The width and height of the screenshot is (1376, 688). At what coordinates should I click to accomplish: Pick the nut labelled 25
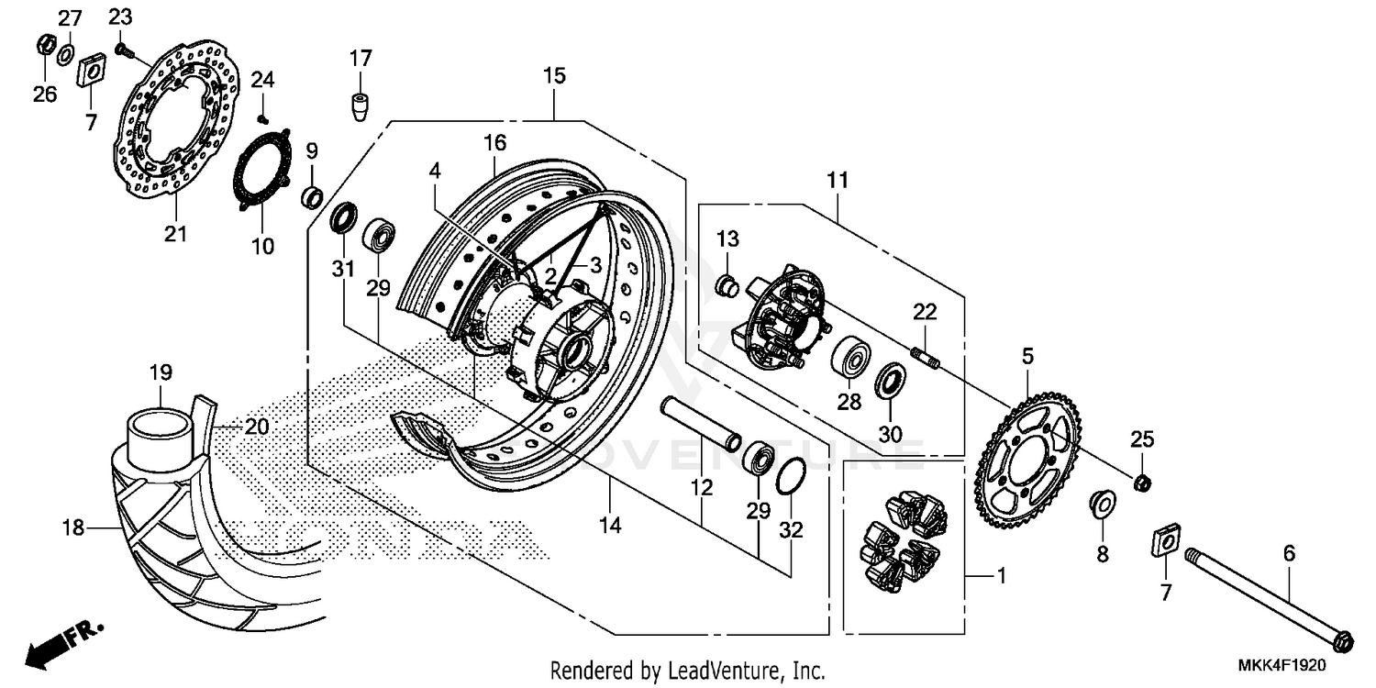tap(1143, 483)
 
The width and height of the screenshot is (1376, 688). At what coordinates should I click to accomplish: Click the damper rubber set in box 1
tap(903, 541)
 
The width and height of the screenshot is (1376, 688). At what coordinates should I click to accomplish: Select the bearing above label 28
tap(850, 357)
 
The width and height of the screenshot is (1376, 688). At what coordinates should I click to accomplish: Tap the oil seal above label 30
tap(890, 381)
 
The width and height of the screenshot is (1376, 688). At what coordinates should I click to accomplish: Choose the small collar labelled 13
tap(727, 285)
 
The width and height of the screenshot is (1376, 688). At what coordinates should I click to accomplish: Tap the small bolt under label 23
tap(122, 49)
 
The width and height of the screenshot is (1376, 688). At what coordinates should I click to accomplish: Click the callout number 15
tap(554, 75)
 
